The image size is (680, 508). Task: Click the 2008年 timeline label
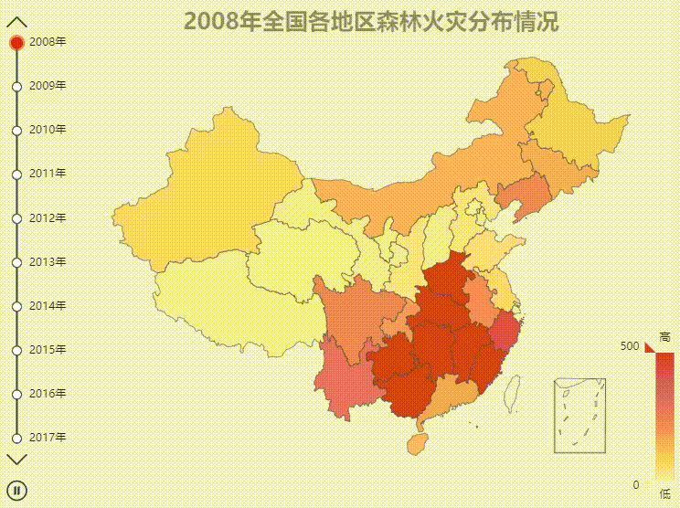(48, 41)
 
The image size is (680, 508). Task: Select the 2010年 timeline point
(16, 130)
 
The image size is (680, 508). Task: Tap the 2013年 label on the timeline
(48, 262)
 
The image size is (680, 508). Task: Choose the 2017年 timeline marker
(16, 438)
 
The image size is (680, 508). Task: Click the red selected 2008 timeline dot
(16, 42)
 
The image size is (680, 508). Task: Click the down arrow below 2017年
(16, 459)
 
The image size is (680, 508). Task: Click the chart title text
(371, 22)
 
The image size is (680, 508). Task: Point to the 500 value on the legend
(629, 346)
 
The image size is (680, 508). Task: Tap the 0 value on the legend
(635, 484)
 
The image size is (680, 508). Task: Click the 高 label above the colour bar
(664, 336)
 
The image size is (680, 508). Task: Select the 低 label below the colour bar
(664, 493)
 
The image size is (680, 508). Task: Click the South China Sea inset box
(579, 415)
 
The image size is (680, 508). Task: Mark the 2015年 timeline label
(48, 350)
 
